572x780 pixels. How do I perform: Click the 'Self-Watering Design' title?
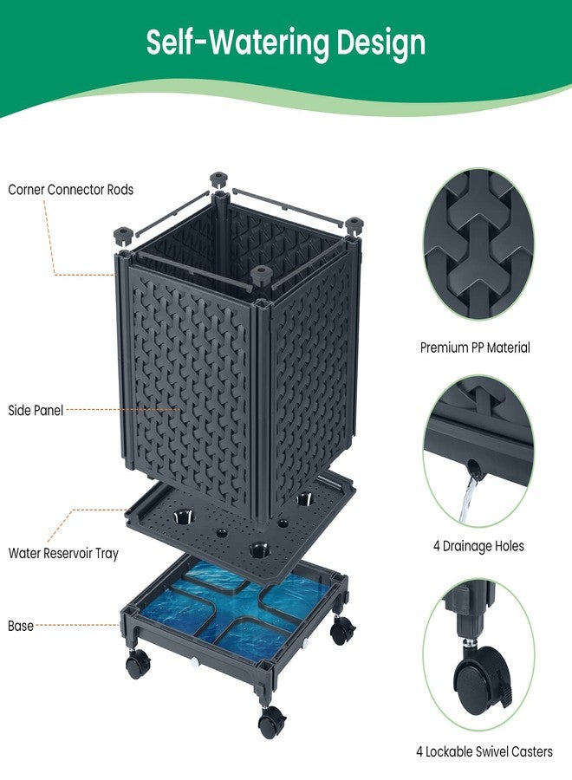286,43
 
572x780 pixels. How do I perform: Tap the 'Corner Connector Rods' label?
70,190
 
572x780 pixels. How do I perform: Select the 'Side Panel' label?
36,411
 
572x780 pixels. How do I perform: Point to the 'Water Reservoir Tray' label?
63,553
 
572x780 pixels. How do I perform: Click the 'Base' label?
21,626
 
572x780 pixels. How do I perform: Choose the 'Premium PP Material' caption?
475,348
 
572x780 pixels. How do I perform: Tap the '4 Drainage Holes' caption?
478,546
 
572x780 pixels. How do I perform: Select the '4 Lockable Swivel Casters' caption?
484,751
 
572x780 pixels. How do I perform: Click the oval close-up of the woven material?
478,244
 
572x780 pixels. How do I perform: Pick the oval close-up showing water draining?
478,451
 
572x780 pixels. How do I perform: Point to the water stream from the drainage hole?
468,500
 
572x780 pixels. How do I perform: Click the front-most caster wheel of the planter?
272,721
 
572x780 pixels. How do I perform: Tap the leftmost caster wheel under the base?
138,664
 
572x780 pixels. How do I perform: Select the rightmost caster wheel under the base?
342,630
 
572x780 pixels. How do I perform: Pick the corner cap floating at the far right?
353,223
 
